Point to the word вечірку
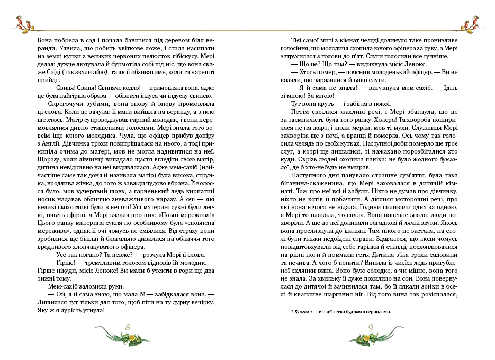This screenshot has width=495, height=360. (x=201, y=302)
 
